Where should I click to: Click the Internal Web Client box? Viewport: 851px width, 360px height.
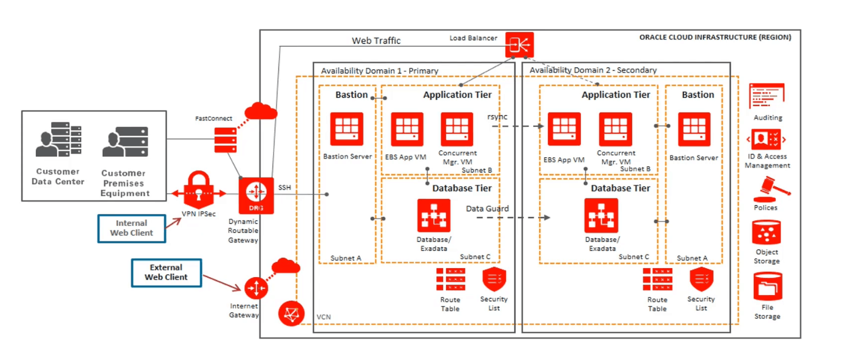click(131, 228)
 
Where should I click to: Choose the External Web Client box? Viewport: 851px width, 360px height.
click(166, 272)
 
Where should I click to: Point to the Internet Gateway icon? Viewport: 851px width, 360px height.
click(256, 289)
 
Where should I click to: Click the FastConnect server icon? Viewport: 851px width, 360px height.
click(225, 139)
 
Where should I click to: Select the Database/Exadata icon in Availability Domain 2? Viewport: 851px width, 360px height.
click(601, 215)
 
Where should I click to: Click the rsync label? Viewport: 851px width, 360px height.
click(497, 117)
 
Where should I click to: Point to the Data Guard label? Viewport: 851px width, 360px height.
click(487, 209)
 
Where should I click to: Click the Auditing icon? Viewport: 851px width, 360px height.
click(767, 95)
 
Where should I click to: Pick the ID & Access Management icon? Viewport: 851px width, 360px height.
click(766, 141)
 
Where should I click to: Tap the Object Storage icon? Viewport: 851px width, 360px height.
click(766, 232)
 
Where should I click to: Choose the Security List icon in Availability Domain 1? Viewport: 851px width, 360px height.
click(494, 280)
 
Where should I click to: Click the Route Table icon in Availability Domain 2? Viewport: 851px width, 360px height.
click(657, 280)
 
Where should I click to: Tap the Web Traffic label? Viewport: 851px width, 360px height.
click(376, 41)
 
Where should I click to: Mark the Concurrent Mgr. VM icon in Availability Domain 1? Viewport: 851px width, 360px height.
click(457, 129)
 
